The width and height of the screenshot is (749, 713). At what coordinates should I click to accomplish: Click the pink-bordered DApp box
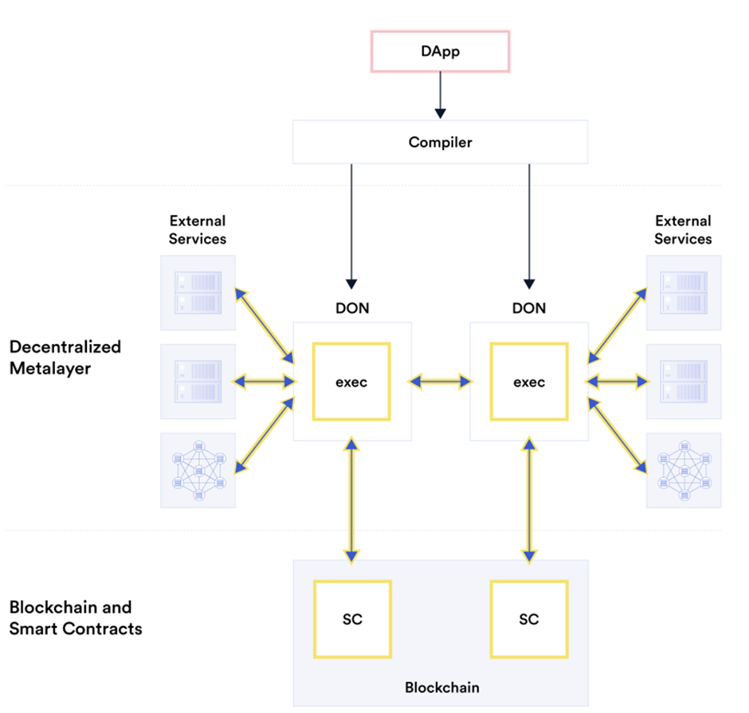pos(440,51)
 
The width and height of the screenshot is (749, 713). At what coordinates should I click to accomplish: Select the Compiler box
pos(440,143)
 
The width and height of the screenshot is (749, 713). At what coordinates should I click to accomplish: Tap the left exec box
pos(351,382)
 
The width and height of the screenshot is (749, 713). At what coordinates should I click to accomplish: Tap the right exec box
pos(529,382)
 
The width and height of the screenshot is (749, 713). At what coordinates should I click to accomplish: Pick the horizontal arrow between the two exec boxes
pos(440,382)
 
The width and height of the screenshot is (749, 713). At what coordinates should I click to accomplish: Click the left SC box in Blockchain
pos(351,619)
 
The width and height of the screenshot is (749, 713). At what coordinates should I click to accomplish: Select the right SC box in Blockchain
pos(529,619)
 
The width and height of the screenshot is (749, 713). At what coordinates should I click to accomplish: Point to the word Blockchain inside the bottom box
pos(442,687)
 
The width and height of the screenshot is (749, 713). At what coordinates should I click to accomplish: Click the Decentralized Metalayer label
pos(65,356)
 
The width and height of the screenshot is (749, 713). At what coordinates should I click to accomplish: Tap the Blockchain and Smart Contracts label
pos(76,618)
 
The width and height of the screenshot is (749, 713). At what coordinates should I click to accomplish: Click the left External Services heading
pos(198,229)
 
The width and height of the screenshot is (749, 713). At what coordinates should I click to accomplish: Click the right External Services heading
pos(683,229)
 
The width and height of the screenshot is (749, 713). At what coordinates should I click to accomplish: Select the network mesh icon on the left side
pos(198,471)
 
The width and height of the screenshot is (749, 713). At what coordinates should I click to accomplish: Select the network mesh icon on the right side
pos(683,471)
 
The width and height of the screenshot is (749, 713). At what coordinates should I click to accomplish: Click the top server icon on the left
pos(198,292)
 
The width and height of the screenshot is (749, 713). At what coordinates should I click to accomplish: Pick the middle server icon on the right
pos(683,382)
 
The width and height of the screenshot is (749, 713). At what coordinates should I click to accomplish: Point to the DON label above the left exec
pos(351,308)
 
